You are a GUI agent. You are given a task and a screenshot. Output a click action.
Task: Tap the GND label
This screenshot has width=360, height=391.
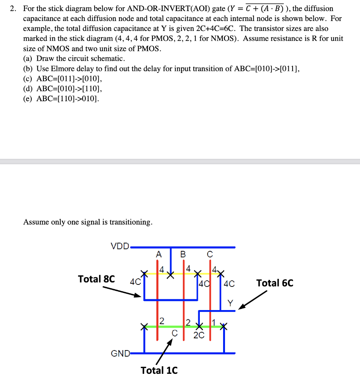tap(119, 353)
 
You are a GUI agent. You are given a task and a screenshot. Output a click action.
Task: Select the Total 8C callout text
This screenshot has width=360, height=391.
tap(96, 279)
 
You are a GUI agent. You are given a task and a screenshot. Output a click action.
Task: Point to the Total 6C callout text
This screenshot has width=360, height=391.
tap(275, 283)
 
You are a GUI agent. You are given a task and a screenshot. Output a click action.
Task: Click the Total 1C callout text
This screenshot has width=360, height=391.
tap(159, 370)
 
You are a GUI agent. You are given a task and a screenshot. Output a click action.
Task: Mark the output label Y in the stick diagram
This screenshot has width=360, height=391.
tap(230, 303)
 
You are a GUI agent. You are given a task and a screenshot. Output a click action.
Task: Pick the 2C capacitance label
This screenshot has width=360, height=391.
tap(199, 335)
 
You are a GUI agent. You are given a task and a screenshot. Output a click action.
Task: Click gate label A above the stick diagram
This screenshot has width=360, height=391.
tap(159, 254)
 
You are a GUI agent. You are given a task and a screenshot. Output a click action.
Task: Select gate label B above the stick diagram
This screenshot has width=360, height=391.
tap(183, 254)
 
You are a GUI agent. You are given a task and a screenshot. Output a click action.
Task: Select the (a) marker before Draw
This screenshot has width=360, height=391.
tap(29, 59)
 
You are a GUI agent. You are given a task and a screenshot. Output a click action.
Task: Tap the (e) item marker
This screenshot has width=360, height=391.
tap(29, 99)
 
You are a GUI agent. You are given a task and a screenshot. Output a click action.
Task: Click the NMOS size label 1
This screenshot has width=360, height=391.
tap(214, 322)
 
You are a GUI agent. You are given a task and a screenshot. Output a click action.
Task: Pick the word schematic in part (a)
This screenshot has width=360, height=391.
tap(109, 59)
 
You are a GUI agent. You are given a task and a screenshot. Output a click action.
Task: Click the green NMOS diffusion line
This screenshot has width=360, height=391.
tap(172, 326)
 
